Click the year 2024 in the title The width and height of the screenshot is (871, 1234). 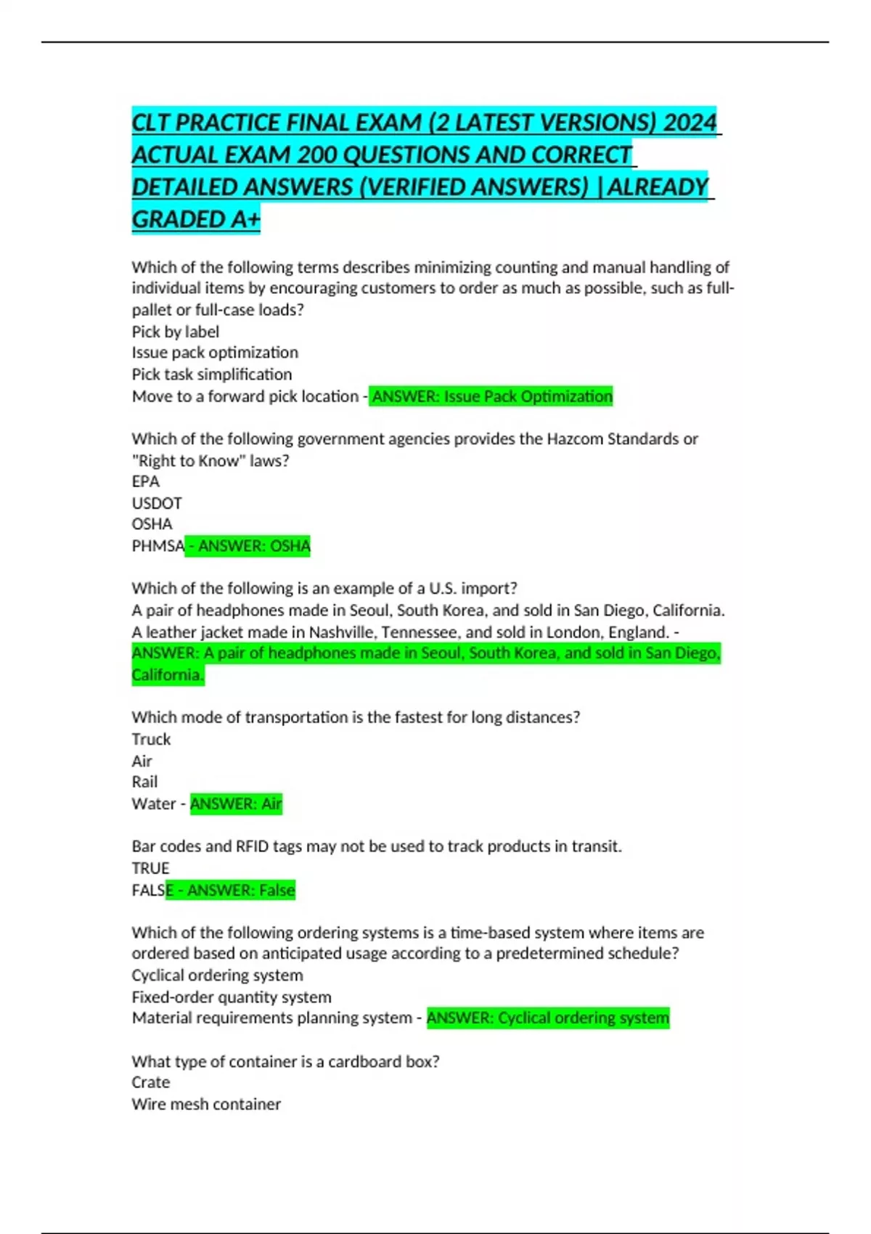point(689,122)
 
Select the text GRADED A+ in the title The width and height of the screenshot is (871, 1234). point(195,218)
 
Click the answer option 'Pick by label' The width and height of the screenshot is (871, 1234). point(175,332)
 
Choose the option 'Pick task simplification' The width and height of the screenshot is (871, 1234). point(211,375)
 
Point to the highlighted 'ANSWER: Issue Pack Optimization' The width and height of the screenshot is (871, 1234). point(491,396)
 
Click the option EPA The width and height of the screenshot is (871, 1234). point(145,481)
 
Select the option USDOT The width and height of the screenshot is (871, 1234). point(157,503)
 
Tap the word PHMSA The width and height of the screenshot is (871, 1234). point(158,546)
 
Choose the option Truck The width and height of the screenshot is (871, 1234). point(151,739)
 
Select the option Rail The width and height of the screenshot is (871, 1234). point(144,782)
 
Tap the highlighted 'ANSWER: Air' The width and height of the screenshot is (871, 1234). point(236,804)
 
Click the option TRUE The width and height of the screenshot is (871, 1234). point(150,868)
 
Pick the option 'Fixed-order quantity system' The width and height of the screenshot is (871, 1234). point(231,997)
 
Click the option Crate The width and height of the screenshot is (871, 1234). point(150,1082)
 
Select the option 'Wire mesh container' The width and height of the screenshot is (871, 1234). point(206,1104)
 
